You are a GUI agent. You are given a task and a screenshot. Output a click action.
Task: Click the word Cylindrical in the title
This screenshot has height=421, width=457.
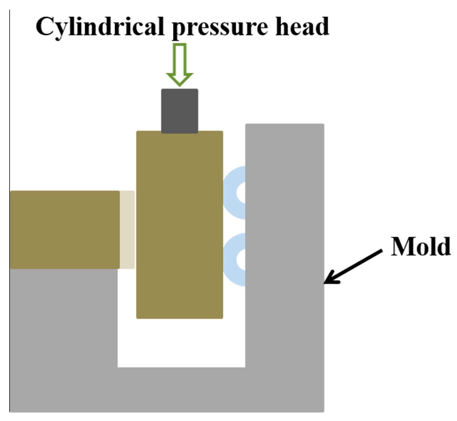(x=100, y=27)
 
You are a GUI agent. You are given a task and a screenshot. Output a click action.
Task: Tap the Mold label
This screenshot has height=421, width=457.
(x=420, y=246)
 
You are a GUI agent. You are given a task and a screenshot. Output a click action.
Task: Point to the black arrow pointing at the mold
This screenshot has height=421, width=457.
(x=353, y=266)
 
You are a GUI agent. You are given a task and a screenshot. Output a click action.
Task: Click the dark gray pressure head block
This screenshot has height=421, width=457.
(x=180, y=111)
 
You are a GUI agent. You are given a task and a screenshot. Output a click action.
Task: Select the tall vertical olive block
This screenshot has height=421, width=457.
(x=180, y=226)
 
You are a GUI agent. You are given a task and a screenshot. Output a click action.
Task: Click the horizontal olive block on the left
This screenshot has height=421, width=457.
(x=65, y=230)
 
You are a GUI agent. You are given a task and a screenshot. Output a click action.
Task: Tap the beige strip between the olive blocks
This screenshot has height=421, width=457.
(x=127, y=230)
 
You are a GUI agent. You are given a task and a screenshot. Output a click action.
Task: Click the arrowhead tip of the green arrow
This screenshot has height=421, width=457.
(x=180, y=85)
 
